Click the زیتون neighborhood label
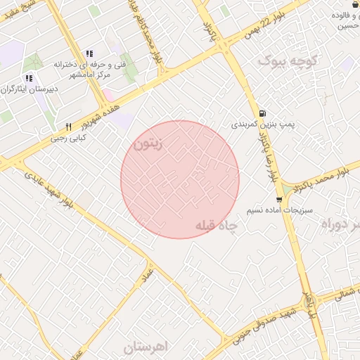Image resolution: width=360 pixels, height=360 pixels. tap(148, 144)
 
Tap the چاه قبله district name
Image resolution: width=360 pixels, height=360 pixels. tap(217, 226)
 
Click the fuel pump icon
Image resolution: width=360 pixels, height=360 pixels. tap(262, 113)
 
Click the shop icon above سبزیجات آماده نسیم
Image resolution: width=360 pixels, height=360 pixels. tap(280, 200)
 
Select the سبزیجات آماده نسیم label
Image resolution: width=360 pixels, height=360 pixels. tap(279, 211)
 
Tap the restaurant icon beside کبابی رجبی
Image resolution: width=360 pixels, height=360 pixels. tap(68, 127)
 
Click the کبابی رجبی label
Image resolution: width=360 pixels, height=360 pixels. tap(65, 139)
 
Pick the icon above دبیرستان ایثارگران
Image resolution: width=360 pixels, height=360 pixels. tap(29, 78)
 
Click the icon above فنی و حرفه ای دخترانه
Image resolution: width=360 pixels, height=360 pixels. tap(89, 53)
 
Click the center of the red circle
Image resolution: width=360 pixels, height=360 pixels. tap(180, 179)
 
